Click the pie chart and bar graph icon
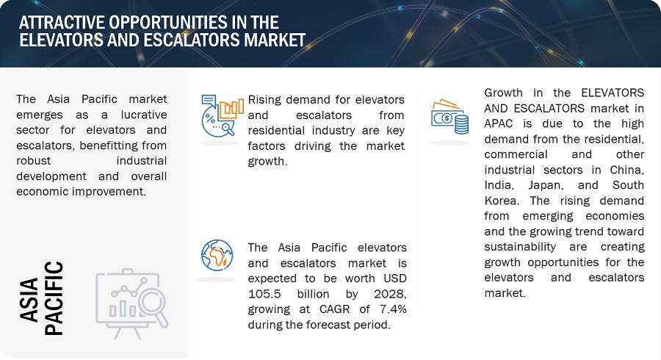(x=223, y=115)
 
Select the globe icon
(x=217, y=256)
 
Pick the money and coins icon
(x=449, y=117)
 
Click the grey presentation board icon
(x=132, y=303)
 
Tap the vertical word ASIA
(x=29, y=300)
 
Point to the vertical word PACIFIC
(x=54, y=298)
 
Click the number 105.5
(x=264, y=294)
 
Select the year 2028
(x=390, y=294)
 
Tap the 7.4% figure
(x=393, y=309)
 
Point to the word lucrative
(x=144, y=115)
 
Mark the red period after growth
(x=286, y=165)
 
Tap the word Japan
(x=546, y=185)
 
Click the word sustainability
(x=520, y=247)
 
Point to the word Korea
(x=501, y=201)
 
